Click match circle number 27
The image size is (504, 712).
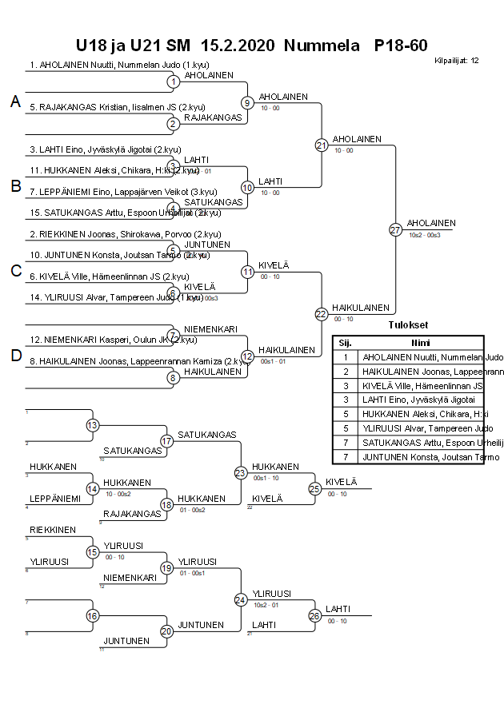tap(394, 230)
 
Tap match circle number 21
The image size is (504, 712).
tap(322, 145)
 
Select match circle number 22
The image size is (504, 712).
tap(322, 314)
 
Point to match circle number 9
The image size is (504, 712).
tap(247, 103)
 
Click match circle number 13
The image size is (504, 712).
tap(93, 425)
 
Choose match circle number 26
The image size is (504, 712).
tap(314, 616)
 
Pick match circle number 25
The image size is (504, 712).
tap(314, 489)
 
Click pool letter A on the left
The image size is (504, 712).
tap(14, 101)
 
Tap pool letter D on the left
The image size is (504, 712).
tap(14, 356)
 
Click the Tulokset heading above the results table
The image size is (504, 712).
tap(408, 325)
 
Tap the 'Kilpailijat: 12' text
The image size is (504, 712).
tap(457, 60)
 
